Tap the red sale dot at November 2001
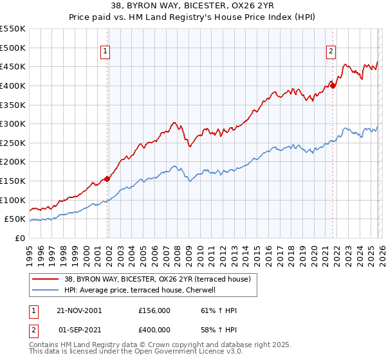pos(107,179)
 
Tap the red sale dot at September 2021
pos(333,85)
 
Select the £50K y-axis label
pos(15,219)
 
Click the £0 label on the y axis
pos(19,238)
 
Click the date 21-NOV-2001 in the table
pos(79,310)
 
